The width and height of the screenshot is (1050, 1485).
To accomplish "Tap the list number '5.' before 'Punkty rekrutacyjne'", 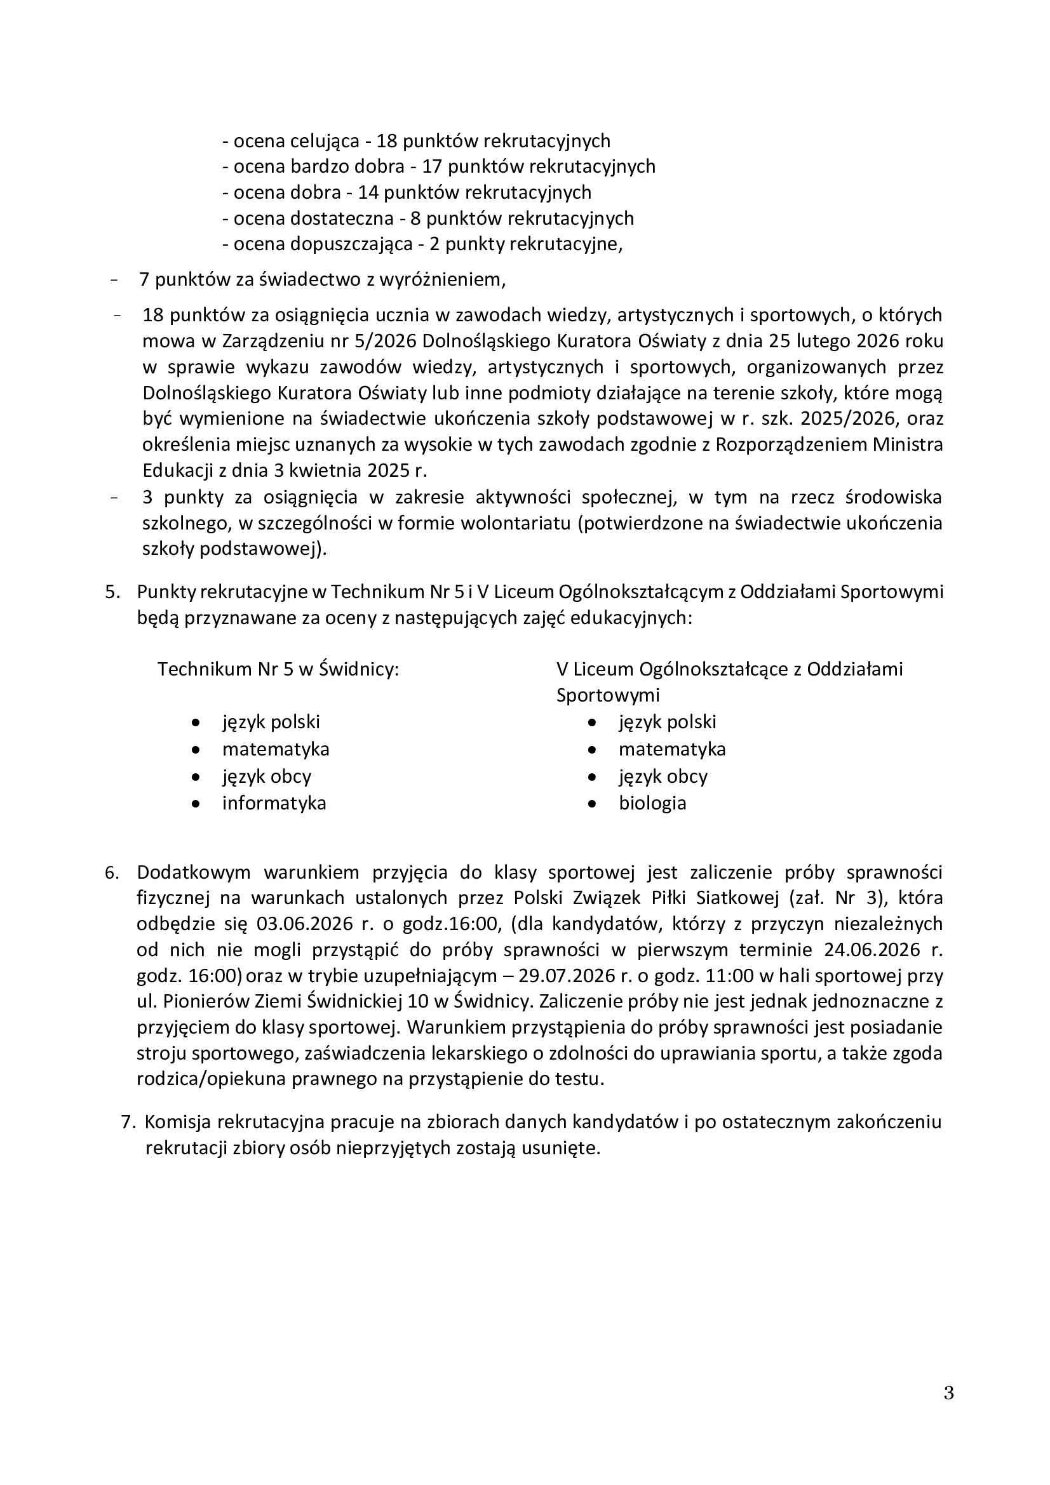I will coord(112,592).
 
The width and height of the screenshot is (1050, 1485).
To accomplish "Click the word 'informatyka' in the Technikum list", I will coord(274,803).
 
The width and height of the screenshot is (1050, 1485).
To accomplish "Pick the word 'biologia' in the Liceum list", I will coord(652,803).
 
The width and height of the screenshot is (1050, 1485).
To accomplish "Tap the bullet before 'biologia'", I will coord(592,804).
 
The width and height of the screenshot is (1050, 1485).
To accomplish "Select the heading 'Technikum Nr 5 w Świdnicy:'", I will coord(278,669).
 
